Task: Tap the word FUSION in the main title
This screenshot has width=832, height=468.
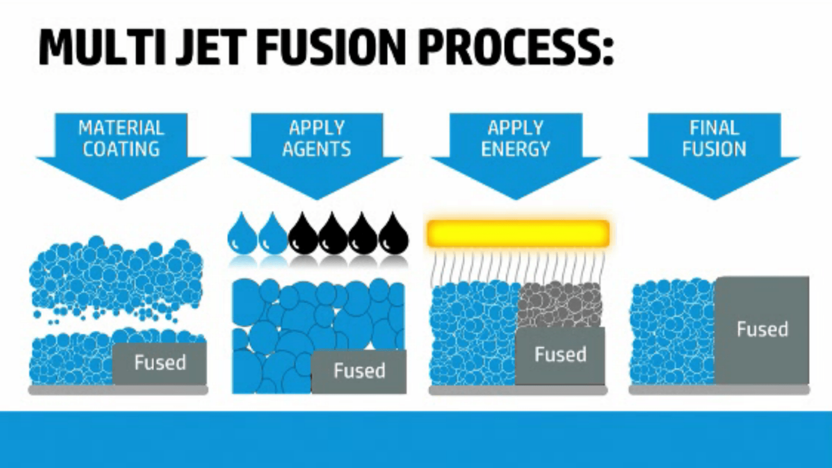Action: (331, 47)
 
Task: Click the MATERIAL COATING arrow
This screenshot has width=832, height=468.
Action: (121, 152)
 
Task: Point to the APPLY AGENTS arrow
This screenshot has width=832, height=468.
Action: (317, 152)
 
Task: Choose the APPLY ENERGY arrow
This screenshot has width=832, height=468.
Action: (516, 152)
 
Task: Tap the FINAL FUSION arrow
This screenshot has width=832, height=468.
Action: (714, 152)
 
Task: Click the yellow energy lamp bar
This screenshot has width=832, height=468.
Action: (518, 233)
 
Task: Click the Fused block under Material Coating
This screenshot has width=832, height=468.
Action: (160, 363)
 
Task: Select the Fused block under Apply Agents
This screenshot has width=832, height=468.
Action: (359, 371)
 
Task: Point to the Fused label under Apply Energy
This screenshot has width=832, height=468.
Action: (560, 355)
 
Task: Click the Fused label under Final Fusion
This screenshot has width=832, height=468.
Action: (762, 329)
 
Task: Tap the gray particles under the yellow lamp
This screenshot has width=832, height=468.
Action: (560, 304)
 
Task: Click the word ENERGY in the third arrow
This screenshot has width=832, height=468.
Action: (516, 149)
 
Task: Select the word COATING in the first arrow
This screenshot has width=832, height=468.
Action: (121, 149)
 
